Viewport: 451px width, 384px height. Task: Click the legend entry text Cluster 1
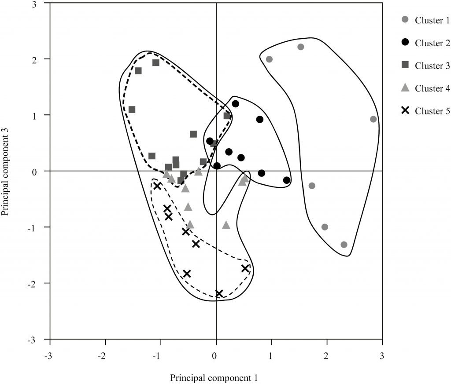(x=432, y=20)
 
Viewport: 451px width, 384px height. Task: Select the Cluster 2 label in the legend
(x=432, y=43)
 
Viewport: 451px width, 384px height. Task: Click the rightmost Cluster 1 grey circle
(x=373, y=119)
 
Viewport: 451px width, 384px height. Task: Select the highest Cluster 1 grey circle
(x=301, y=47)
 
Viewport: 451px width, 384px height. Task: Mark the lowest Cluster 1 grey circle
(x=344, y=245)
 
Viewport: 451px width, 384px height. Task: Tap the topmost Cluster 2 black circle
(x=236, y=104)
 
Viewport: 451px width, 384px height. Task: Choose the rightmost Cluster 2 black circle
(x=287, y=180)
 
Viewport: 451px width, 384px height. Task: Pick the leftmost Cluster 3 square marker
(x=132, y=110)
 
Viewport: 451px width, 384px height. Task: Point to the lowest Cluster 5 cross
(x=219, y=294)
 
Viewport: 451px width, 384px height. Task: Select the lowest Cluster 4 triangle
(x=226, y=225)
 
